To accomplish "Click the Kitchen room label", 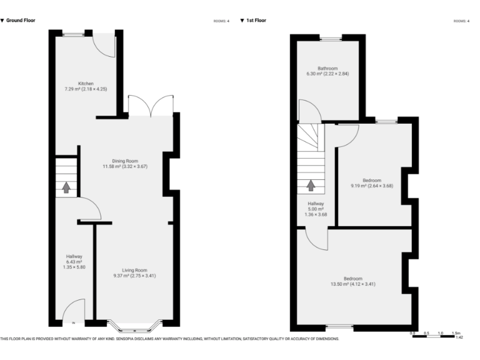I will click(86, 86).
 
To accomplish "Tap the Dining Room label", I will click(125, 164).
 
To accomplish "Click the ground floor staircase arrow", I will click(66, 187).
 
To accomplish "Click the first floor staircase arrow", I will click(311, 186).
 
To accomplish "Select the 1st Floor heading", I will click(256, 21).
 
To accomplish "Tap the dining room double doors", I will click(150, 104).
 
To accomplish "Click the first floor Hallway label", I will click(316, 209).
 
